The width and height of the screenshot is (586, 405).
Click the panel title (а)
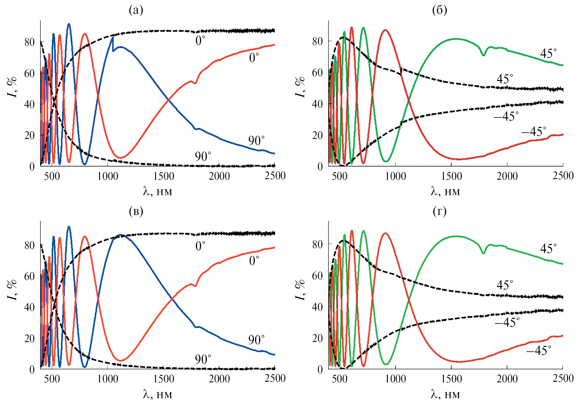[136, 10]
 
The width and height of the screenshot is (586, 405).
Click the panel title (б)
[439, 10]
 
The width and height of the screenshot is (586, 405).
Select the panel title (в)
[136, 212]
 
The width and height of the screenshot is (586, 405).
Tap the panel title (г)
[439, 212]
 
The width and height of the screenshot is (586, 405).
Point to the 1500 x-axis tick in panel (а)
[163, 176]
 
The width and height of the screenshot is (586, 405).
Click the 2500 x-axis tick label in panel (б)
[563, 176]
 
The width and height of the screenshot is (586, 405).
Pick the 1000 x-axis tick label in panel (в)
[108, 379]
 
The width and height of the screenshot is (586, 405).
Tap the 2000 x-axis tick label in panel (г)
[507, 379]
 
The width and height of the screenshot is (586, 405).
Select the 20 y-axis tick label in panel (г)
[317, 338]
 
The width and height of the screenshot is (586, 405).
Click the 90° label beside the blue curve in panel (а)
[256, 141]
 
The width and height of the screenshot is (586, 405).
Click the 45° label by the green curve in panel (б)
[548, 54]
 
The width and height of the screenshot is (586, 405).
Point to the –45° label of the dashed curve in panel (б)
[506, 117]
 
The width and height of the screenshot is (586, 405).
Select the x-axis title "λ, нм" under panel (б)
[445, 191]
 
